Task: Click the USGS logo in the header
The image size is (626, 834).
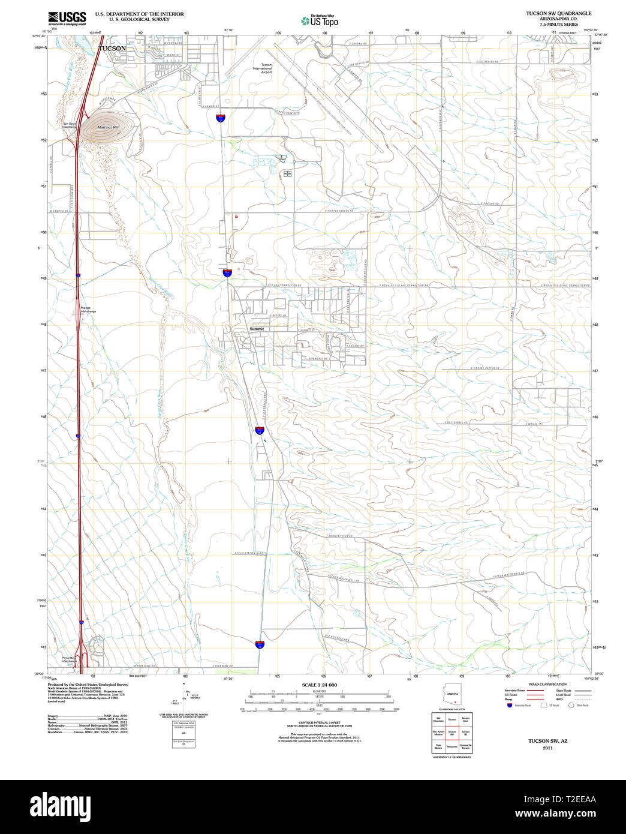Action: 67,18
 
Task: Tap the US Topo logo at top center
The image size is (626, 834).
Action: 320,21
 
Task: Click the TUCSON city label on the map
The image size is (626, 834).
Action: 112,49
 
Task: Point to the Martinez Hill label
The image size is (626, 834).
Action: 108,127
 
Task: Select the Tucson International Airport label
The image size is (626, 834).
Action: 262,68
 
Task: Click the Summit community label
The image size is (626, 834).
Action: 257,329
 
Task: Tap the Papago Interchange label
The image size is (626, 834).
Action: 88,310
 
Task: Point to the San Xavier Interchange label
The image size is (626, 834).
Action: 70,125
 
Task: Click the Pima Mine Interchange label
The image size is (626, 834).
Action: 70,659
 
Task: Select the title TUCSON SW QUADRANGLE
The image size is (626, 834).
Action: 558,13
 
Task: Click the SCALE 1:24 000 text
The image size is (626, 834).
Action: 319,685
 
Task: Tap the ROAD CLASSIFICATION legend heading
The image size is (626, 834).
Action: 547,685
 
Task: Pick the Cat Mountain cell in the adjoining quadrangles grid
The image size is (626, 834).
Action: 439,719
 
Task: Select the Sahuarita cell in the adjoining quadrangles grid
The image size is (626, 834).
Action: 452,747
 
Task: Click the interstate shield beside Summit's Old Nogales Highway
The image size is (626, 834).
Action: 259,430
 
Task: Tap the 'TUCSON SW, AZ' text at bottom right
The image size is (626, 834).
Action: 547,741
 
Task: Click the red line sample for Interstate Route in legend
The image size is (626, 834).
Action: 535,691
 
